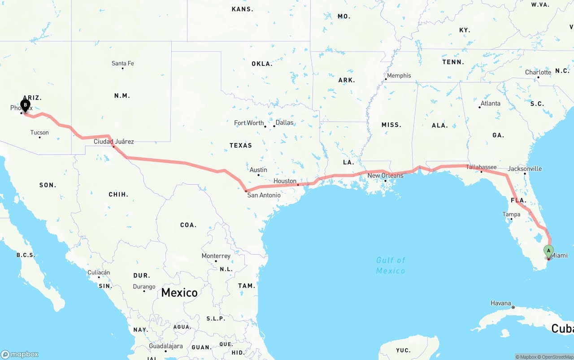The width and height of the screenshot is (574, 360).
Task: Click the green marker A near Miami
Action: click(x=548, y=251)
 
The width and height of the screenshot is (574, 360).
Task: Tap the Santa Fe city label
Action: click(x=122, y=63)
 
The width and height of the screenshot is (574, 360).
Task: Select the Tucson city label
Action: click(x=39, y=132)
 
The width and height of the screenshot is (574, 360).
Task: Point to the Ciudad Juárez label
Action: click(x=113, y=142)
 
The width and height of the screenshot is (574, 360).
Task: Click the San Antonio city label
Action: click(x=264, y=195)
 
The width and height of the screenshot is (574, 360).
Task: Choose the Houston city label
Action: click(x=285, y=181)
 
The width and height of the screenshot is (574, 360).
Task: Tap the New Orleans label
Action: click(x=385, y=175)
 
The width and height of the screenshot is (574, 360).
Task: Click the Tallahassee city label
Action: click(x=481, y=167)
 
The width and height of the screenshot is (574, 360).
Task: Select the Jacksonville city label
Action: click(x=525, y=169)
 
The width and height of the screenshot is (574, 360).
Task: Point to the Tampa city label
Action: click(x=511, y=214)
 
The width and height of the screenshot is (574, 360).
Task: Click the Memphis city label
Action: click(x=399, y=75)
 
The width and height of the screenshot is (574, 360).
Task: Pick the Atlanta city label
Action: click(x=490, y=103)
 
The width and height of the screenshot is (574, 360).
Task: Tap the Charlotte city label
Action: click(x=538, y=72)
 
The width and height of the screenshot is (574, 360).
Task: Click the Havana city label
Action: click(x=500, y=303)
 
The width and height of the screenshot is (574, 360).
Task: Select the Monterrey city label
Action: click(x=216, y=256)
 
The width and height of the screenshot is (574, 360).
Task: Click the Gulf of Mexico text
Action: click(x=391, y=265)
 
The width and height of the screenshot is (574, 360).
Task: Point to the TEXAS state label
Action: click(x=241, y=145)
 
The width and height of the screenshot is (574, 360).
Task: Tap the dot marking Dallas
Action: click(x=274, y=126)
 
